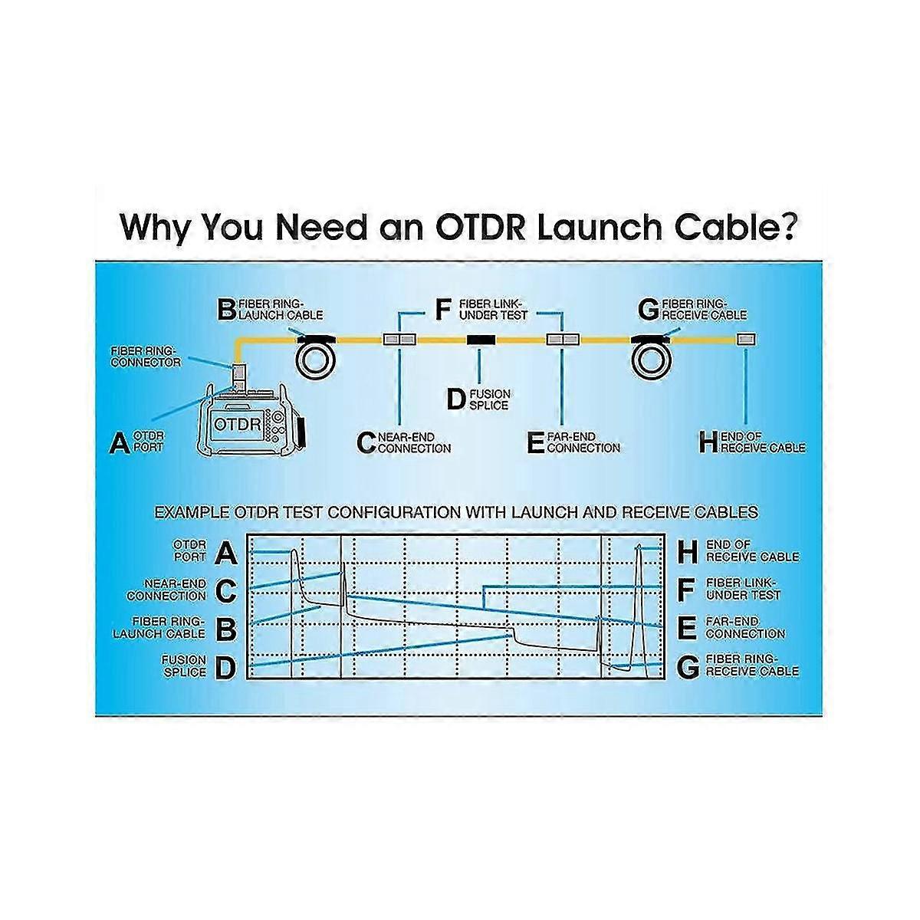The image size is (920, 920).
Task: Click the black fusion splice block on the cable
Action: pos(481,340)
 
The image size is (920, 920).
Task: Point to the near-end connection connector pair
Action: pos(399,339)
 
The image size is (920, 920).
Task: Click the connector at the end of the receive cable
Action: pos(745,339)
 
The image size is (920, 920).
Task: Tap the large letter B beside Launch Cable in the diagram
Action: pos(227,310)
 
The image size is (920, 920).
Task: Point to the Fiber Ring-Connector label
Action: pos(146,356)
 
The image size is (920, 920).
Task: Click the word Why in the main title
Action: pos(155,227)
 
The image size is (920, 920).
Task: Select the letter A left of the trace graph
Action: pos(226,552)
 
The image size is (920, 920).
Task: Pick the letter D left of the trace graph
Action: pos(226,668)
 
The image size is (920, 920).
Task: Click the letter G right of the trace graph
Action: pos(688,668)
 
